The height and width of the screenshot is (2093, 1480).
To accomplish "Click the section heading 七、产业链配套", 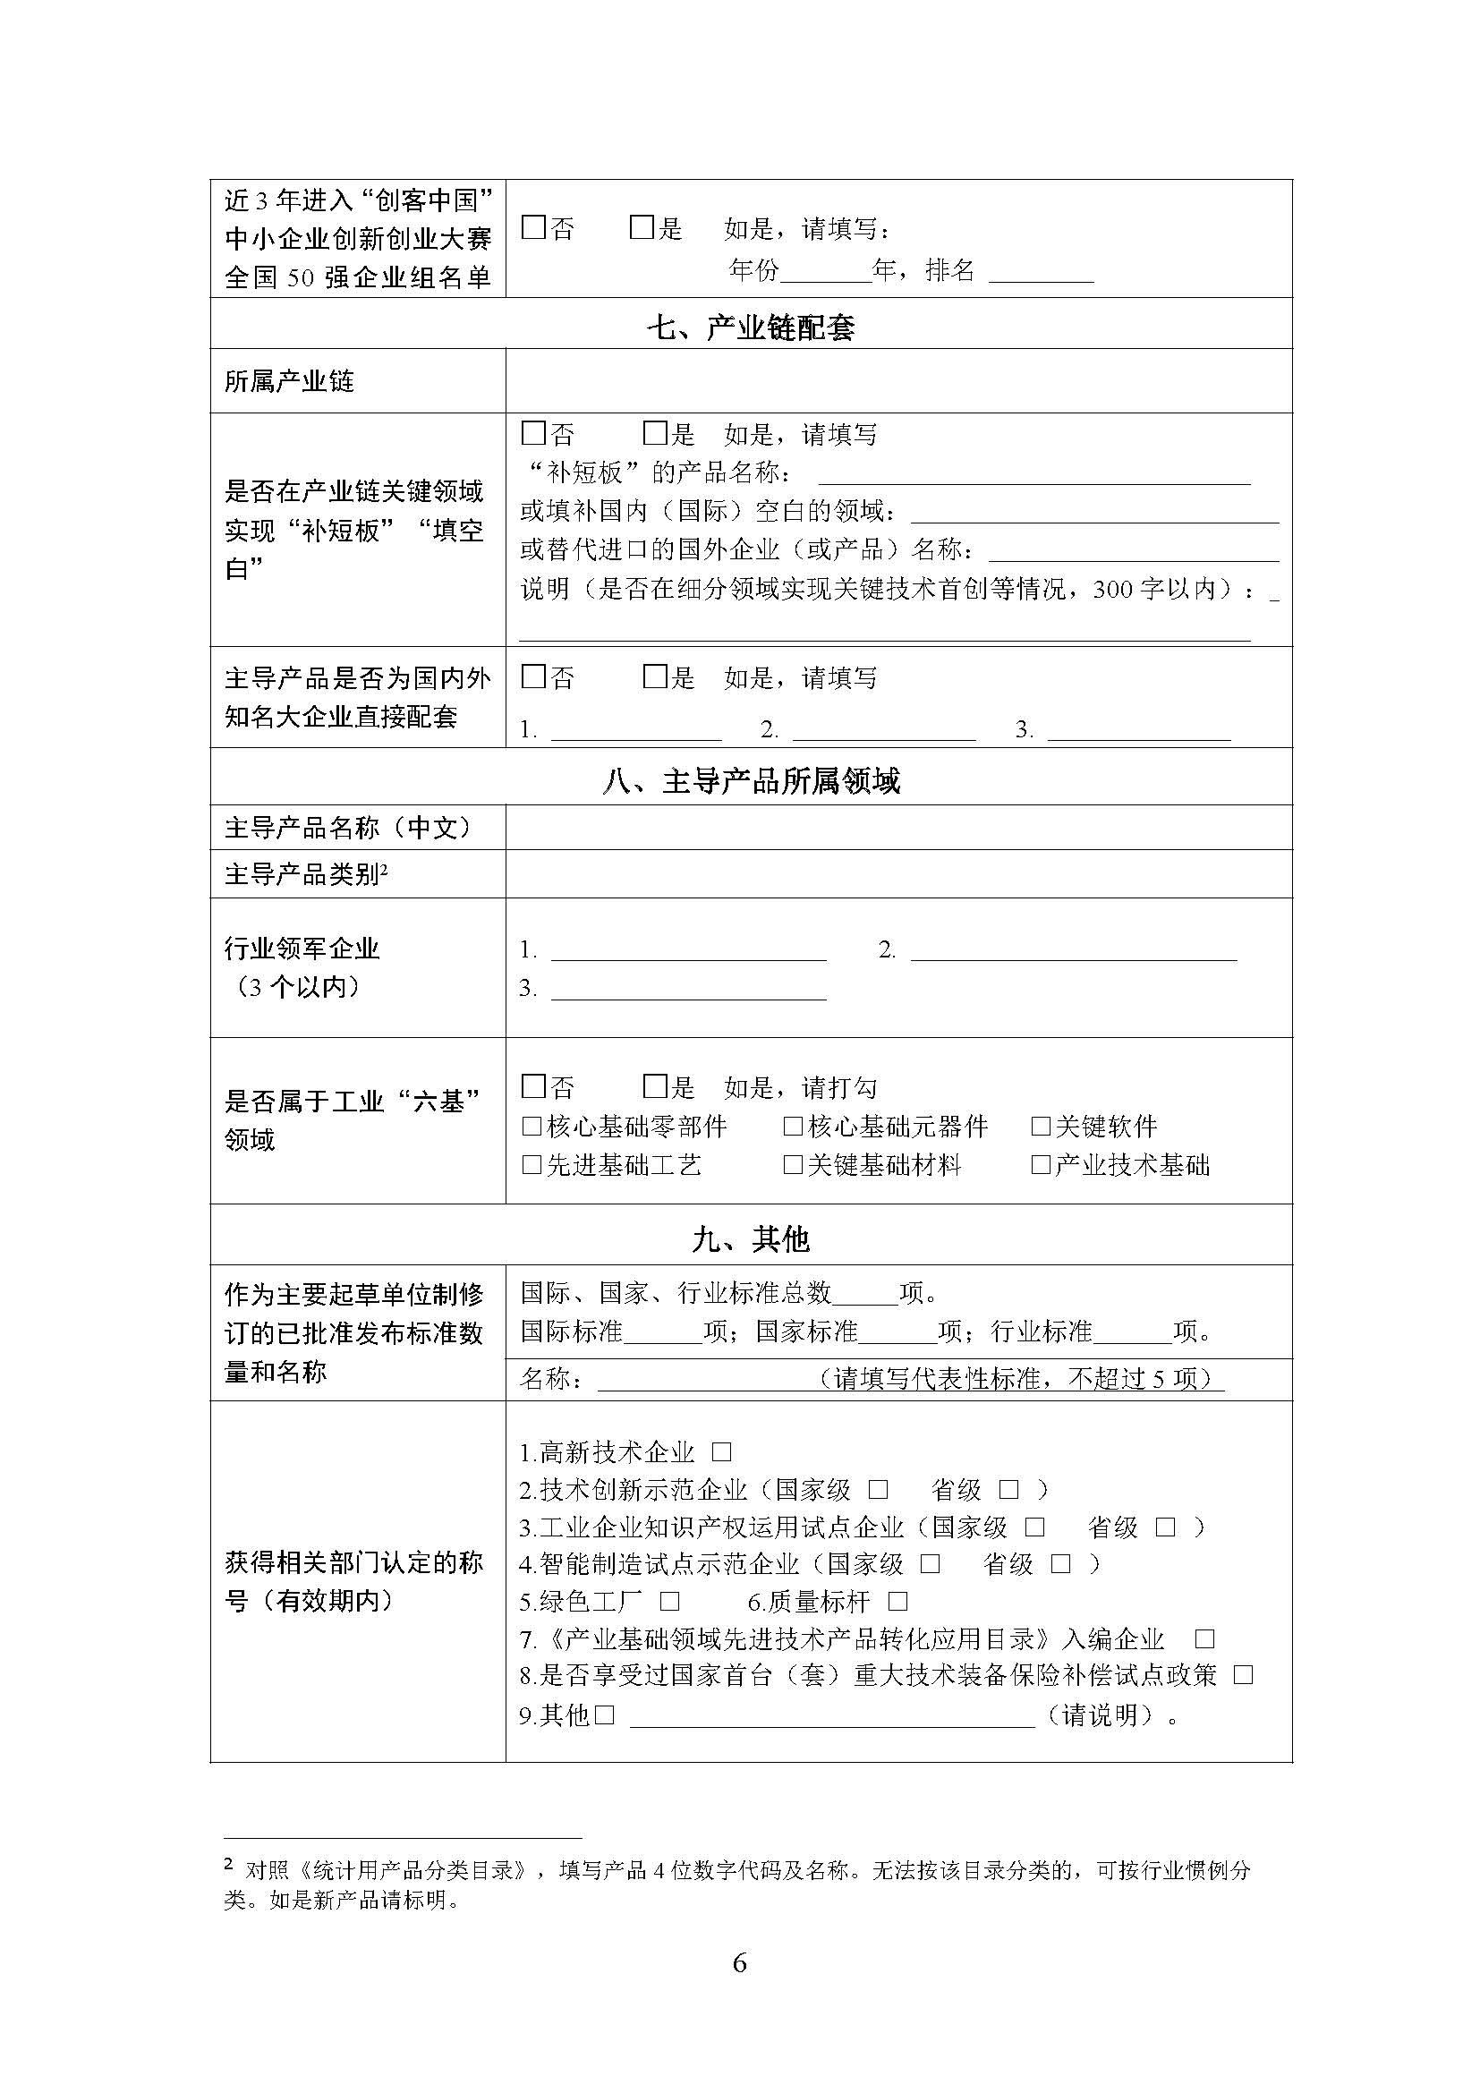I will point(750,328).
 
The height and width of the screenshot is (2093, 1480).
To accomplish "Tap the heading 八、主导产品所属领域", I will point(750,781).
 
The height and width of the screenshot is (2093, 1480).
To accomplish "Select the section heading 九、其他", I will point(750,1238).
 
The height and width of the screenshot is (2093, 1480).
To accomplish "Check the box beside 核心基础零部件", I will point(532,1127).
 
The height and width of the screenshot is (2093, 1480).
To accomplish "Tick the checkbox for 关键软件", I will point(1041,1127).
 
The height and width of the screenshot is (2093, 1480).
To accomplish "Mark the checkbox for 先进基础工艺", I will point(532,1165).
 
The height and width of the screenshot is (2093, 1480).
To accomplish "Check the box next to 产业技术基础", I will point(1041,1165).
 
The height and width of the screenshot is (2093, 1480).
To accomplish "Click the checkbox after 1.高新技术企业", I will point(722,1452).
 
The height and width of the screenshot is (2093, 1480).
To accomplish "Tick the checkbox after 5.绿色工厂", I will point(670,1602).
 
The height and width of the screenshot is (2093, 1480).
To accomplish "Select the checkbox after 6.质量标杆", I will point(897,1602).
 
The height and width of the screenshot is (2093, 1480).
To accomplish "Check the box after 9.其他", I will point(605,1715).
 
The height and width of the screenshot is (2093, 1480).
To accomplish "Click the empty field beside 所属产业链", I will point(897,381).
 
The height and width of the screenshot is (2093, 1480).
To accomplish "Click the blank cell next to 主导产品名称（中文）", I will point(897,828).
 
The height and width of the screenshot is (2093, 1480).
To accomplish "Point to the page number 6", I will point(739,1962).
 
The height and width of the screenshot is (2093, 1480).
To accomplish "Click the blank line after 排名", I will point(1041,272).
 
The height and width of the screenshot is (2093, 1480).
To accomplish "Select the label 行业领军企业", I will point(302,949).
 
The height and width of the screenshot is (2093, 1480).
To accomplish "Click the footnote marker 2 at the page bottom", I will point(229,1865).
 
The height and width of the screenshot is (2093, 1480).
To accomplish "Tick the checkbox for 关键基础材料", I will point(793,1165).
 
